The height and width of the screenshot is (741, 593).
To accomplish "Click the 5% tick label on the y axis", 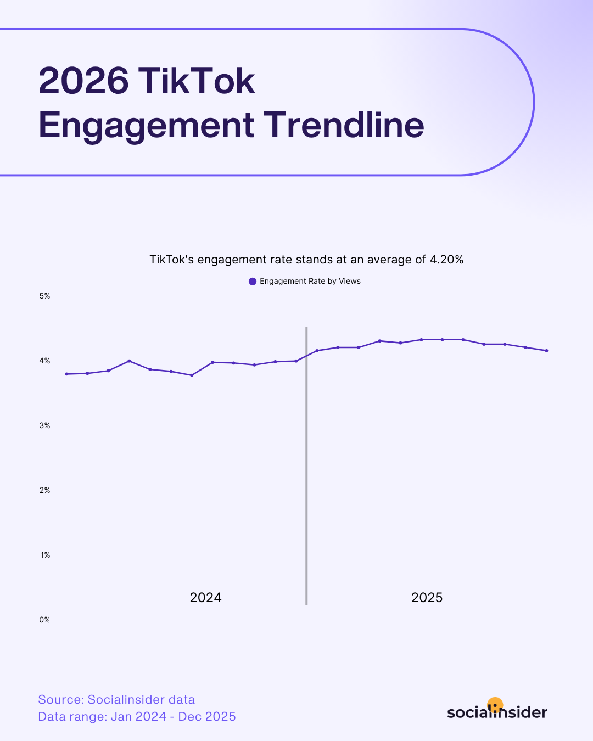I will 44,296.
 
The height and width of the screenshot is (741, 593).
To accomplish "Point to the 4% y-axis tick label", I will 44,361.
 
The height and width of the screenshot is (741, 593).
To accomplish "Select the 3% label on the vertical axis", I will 44,425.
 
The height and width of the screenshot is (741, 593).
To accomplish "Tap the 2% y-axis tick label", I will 44,490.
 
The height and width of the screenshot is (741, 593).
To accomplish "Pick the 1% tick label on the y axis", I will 45,555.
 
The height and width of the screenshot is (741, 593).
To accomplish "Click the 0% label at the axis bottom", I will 44,620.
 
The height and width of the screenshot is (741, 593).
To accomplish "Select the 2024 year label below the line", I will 205,598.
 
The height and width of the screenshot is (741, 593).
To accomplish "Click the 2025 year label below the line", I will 427,598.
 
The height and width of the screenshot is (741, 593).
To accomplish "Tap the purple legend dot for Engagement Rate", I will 253,282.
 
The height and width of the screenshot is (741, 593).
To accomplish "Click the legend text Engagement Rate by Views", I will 310,281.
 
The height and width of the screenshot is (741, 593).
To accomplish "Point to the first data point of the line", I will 66,374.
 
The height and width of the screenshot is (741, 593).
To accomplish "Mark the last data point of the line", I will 546,351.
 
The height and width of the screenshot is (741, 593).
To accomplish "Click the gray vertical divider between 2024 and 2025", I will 306,467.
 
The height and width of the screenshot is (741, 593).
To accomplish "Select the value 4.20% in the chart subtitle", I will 446,260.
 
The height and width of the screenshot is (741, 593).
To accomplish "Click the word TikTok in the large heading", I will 197,81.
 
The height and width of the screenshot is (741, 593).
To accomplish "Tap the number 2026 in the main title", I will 83,81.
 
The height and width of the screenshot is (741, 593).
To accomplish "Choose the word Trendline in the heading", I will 344,125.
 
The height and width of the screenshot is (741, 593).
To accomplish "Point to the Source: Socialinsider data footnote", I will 116,700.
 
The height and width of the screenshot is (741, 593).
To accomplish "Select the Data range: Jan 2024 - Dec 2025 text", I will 137,717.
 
